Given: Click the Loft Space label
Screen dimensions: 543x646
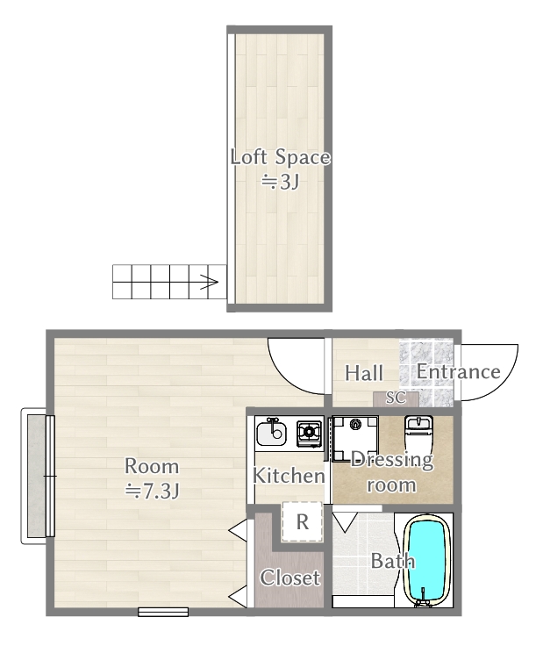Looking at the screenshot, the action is (x=280, y=157).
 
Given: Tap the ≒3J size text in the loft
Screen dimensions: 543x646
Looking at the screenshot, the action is (x=280, y=182).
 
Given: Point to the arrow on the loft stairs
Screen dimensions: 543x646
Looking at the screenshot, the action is (x=210, y=282).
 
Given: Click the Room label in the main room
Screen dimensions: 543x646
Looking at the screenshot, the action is (x=152, y=466).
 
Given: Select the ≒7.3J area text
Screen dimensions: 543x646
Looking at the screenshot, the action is (x=152, y=491).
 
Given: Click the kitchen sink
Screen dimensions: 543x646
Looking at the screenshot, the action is (x=271, y=432).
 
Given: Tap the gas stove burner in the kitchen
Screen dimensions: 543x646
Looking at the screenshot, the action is (x=309, y=432).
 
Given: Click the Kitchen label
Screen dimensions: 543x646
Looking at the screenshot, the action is (x=289, y=476).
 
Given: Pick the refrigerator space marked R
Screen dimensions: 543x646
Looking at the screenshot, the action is (x=302, y=521).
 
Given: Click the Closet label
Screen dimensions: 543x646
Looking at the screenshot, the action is (x=289, y=578).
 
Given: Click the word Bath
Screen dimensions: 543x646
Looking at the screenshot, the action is (x=392, y=561).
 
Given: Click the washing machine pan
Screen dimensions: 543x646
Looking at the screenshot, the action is (x=355, y=438).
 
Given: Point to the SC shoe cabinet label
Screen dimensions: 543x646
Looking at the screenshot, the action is (x=396, y=398).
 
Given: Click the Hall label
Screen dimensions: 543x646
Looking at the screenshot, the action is (x=364, y=373).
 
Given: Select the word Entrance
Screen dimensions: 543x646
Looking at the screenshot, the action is (x=458, y=371).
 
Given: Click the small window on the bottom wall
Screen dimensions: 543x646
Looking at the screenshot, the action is (x=163, y=612).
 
